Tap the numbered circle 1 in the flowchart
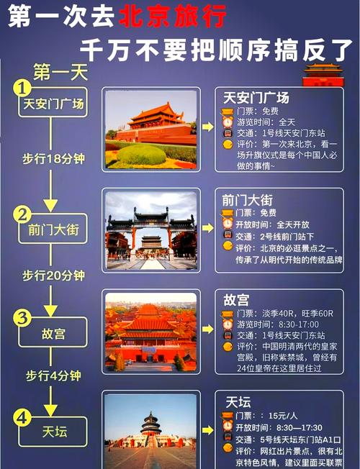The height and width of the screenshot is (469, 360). (x=23, y=88)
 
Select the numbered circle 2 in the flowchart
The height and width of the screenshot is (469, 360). (x=23, y=214)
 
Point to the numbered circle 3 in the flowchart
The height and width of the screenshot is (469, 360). (x=23, y=317)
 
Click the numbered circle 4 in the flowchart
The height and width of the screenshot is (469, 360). (x=23, y=416)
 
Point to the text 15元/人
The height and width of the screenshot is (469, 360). (x=284, y=415)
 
